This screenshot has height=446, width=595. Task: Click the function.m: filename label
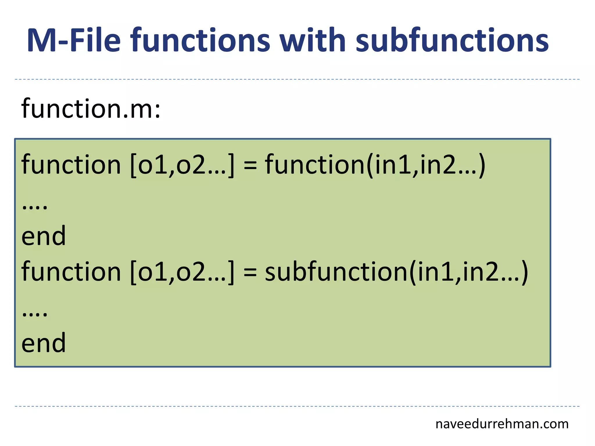coord(91,109)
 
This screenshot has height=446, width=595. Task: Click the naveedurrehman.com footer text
coord(502,424)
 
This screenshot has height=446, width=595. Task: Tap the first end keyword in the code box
coord(44,236)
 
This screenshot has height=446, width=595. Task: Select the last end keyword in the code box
coord(44,343)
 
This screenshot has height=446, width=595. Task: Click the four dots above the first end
coord(35,207)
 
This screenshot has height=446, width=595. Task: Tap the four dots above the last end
coord(35,314)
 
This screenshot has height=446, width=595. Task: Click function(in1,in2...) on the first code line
coord(375,165)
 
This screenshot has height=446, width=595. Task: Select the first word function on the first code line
coord(71,165)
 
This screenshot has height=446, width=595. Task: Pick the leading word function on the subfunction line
coord(71,272)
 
